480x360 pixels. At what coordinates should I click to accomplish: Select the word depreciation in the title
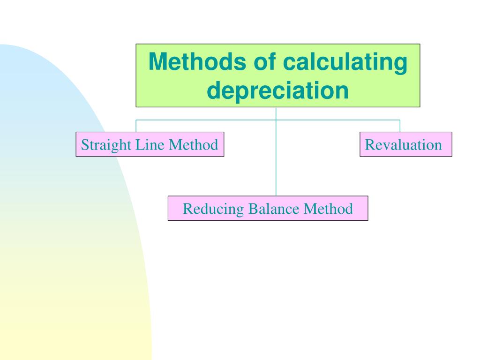click(277, 90)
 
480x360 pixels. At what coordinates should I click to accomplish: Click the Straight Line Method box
click(150, 144)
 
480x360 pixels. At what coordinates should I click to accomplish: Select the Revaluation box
click(406, 144)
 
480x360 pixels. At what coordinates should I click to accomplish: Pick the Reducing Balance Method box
click(268, 208)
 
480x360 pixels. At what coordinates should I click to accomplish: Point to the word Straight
click(106, 145)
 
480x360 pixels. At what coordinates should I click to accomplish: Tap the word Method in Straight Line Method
click(194, 145)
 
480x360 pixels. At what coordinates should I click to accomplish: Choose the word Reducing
click(213, 209)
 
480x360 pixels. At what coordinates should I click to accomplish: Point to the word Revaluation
click(404, 145)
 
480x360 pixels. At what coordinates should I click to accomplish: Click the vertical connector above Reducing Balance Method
click(276, 159)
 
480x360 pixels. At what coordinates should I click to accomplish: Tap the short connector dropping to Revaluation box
click(400, 126)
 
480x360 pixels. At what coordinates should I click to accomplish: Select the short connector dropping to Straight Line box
click(136, 126)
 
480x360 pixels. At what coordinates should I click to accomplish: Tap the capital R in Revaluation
click(369, 145)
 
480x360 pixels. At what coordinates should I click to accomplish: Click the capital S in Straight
click(85, 145)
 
